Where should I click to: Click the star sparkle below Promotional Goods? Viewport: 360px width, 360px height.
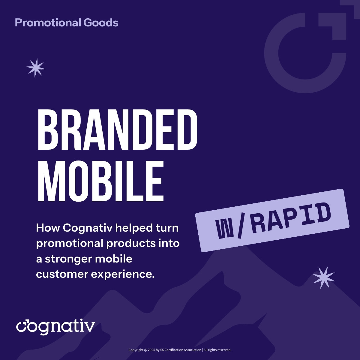(36, 67)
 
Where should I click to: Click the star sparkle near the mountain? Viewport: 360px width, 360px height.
(324, 277)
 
